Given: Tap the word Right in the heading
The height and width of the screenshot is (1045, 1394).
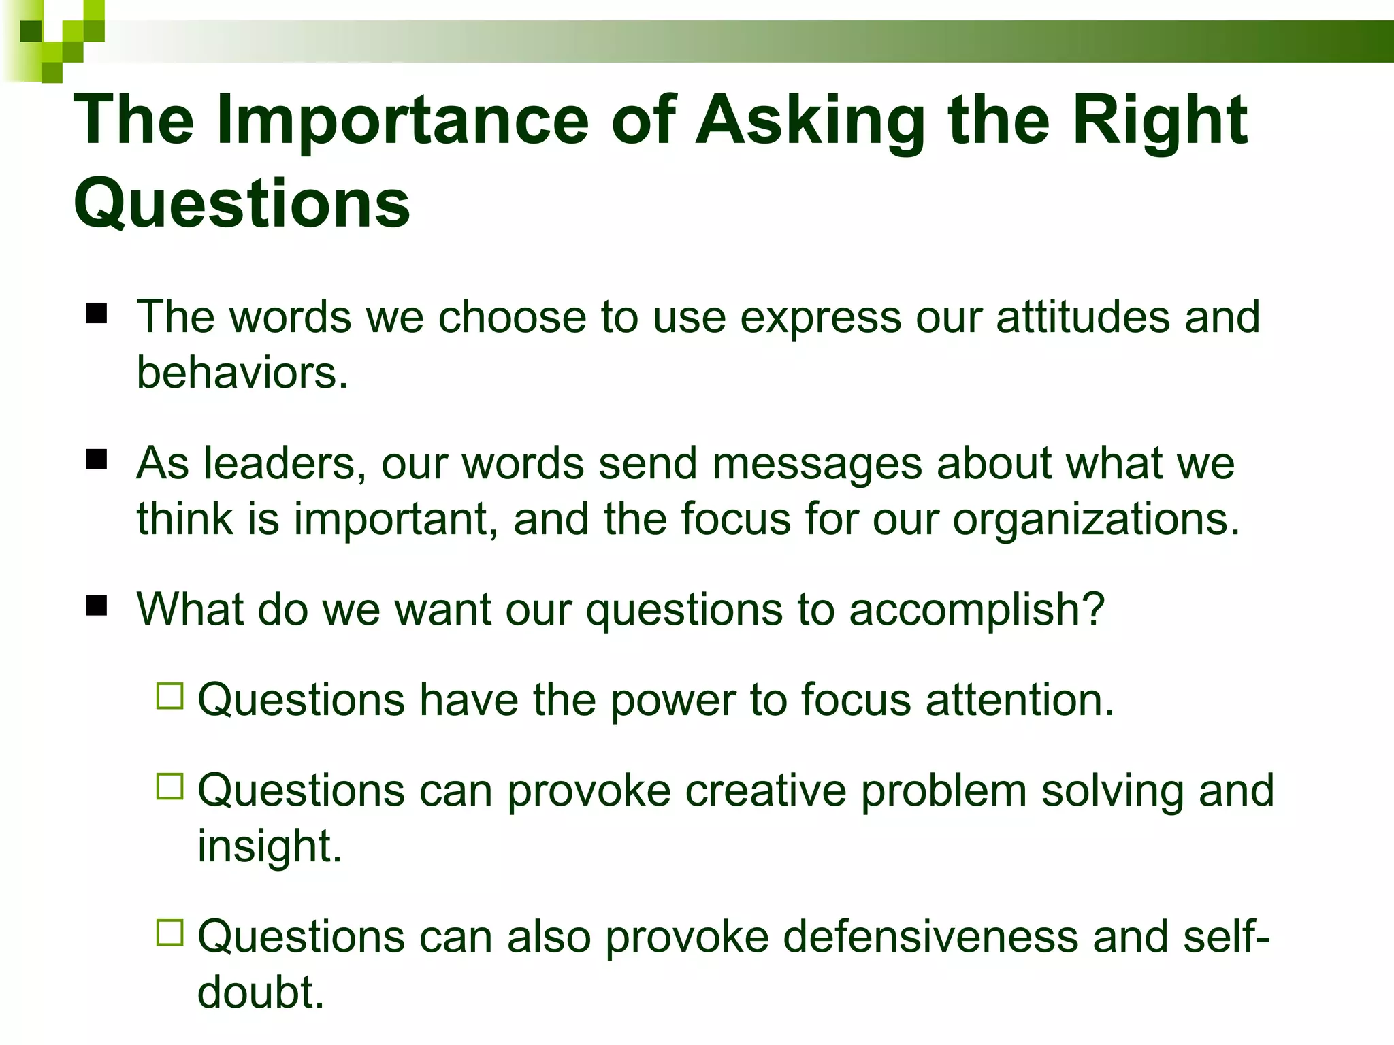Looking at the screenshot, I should tap(1160, 121).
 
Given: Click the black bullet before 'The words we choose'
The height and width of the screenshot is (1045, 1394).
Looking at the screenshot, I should tap(97, 314).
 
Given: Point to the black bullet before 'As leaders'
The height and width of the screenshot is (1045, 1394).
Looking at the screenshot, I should tap(97, 460).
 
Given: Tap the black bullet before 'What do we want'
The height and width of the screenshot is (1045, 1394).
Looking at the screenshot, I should tap(97, 605).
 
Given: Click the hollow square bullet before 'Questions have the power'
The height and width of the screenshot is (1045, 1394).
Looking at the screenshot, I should tap(169, 696).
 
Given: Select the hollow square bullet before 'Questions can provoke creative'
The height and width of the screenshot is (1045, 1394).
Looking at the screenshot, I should tap(169, 786).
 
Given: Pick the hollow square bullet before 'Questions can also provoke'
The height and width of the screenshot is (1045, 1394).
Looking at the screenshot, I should tap(169, 933).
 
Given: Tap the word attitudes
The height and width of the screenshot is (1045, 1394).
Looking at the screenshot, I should tap(1082, 317).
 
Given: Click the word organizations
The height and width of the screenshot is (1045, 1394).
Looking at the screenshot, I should tap(1096, 520).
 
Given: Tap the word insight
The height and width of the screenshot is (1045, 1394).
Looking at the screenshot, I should tap(268, 846).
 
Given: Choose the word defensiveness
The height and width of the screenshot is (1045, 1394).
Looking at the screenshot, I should tap(930, 937).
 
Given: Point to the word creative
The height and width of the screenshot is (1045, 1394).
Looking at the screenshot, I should tap(765, 791).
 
